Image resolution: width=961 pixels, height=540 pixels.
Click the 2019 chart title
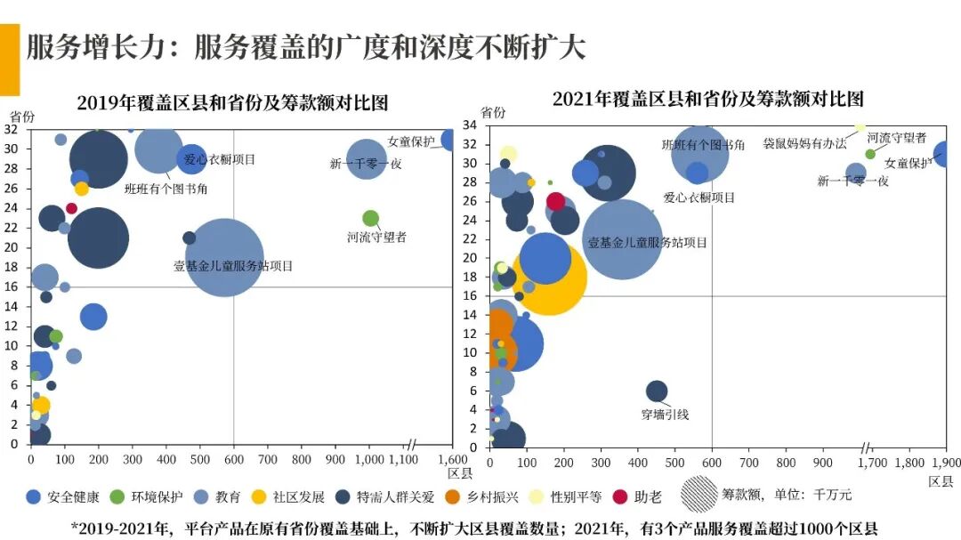click(233, 102)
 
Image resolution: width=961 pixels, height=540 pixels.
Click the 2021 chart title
click(707, 98)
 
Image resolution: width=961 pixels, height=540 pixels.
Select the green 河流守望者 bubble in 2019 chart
click(371, 218)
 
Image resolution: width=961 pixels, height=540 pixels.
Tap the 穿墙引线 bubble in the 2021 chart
click(656, 391)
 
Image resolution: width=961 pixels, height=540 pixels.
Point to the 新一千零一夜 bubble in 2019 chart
click(366, 159)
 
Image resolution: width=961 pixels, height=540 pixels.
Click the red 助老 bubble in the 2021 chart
click(556, 201)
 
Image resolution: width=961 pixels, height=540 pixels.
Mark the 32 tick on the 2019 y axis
click(12, 129)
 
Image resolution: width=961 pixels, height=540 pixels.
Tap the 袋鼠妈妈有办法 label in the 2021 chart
click(804, 143)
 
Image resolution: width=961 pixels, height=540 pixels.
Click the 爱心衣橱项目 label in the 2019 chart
click(219, 160)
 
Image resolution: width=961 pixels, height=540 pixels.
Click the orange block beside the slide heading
click(9, 60)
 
